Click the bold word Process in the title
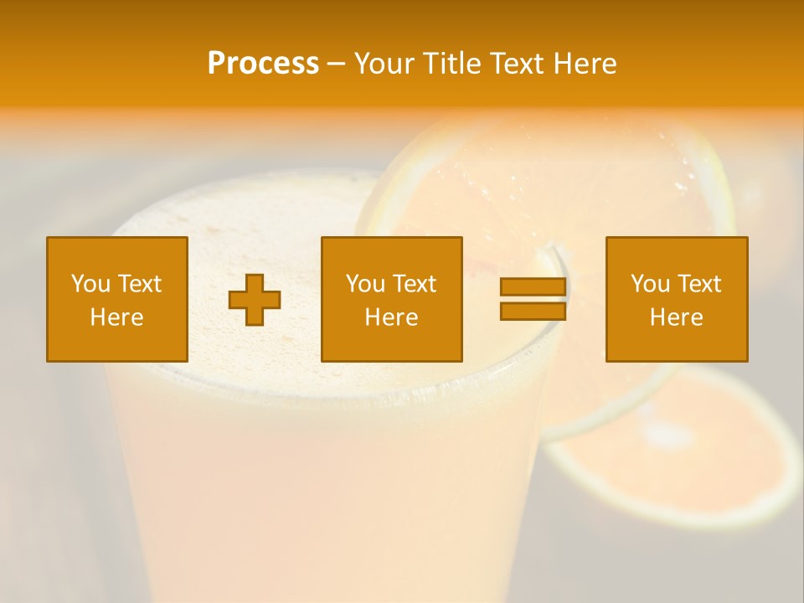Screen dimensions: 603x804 263,64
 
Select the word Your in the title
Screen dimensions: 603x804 384,64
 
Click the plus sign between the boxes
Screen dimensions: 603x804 255,300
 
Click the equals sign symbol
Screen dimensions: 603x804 533,300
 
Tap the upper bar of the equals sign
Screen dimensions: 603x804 533,287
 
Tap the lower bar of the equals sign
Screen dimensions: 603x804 533,312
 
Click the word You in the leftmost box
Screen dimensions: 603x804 91,284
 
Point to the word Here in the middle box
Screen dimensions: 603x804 391,317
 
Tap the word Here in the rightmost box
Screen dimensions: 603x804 676,317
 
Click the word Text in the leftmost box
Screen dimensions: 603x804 140,284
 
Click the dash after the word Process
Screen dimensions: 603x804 336,64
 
